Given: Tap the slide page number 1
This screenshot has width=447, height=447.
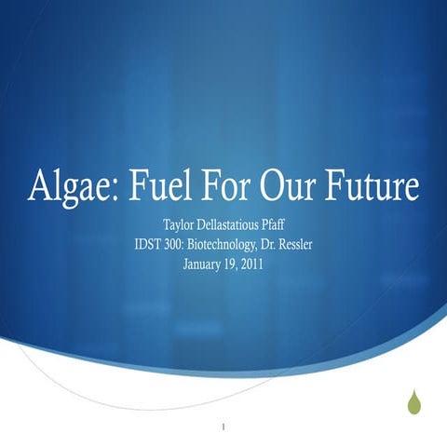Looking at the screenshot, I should click(224, 429).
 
